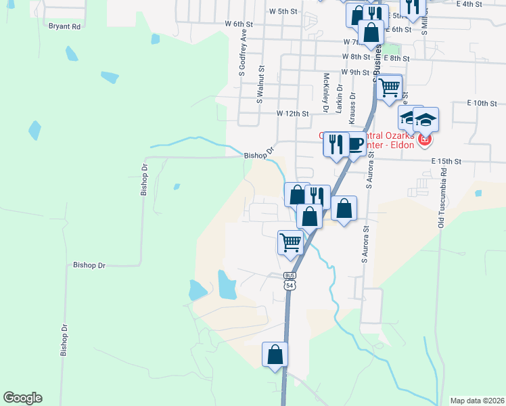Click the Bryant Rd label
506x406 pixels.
(64, 26)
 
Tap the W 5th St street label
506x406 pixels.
(283, 12)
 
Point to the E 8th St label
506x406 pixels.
(396, 58)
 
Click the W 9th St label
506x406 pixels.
(355, 72)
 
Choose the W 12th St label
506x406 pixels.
(292, 114)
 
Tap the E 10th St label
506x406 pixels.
(482, 103)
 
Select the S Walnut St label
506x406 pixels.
(260, 85)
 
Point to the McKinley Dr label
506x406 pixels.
(325, 93)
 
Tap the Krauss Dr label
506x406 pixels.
(352, 106)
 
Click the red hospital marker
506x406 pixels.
(424, 140)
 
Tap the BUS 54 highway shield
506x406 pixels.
(290, 281)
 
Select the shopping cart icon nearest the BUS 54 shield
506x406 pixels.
(291, 242)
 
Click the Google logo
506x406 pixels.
(22, 398)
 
